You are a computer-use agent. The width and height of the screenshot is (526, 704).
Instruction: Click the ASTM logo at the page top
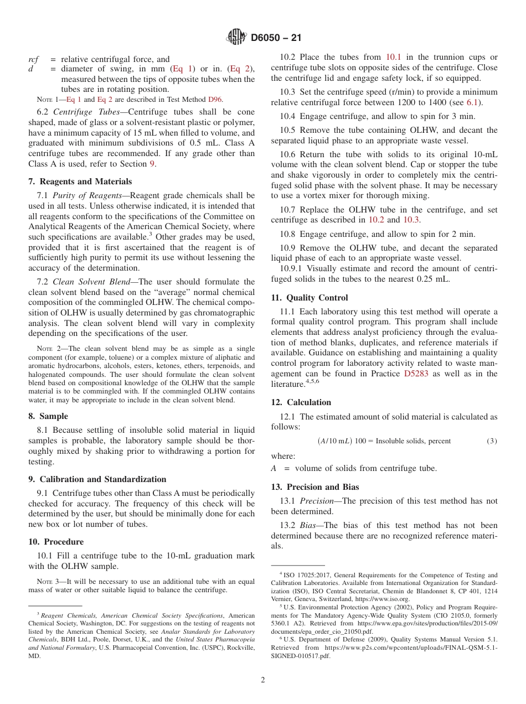(236, 38)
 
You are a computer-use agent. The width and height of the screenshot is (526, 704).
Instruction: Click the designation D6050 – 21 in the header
(276, 38)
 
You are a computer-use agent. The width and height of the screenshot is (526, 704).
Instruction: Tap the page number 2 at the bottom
(263, 680)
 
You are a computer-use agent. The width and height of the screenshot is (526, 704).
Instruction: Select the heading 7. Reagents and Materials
(80, 182)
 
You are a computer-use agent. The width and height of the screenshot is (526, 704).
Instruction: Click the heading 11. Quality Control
(310, 298)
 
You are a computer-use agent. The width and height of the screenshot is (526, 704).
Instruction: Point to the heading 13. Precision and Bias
(315, 487)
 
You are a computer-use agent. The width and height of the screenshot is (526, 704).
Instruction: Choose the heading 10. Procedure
(56, 542)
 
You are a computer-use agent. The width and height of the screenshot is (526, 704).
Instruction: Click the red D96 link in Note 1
(215, 100)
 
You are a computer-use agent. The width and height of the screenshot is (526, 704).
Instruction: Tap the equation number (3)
(492, 441)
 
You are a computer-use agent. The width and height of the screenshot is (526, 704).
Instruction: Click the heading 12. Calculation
(301, 402)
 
